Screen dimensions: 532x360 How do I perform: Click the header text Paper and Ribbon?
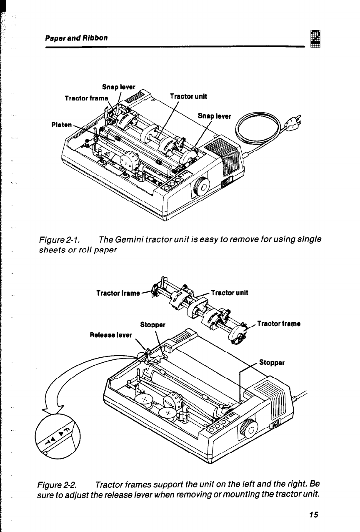click(77, 38)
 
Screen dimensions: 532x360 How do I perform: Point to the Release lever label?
click(111, 334)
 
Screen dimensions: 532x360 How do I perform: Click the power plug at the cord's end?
click(293, 123)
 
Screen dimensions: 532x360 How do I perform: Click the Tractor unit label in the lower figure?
click(230, 292)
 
